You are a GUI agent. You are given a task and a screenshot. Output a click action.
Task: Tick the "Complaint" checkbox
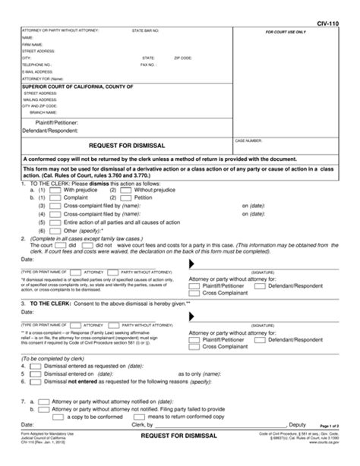coord(45,197)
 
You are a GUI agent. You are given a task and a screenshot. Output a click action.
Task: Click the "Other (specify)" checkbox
coord(45,229)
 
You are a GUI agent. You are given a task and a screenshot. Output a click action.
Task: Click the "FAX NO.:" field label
coord(150,65)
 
